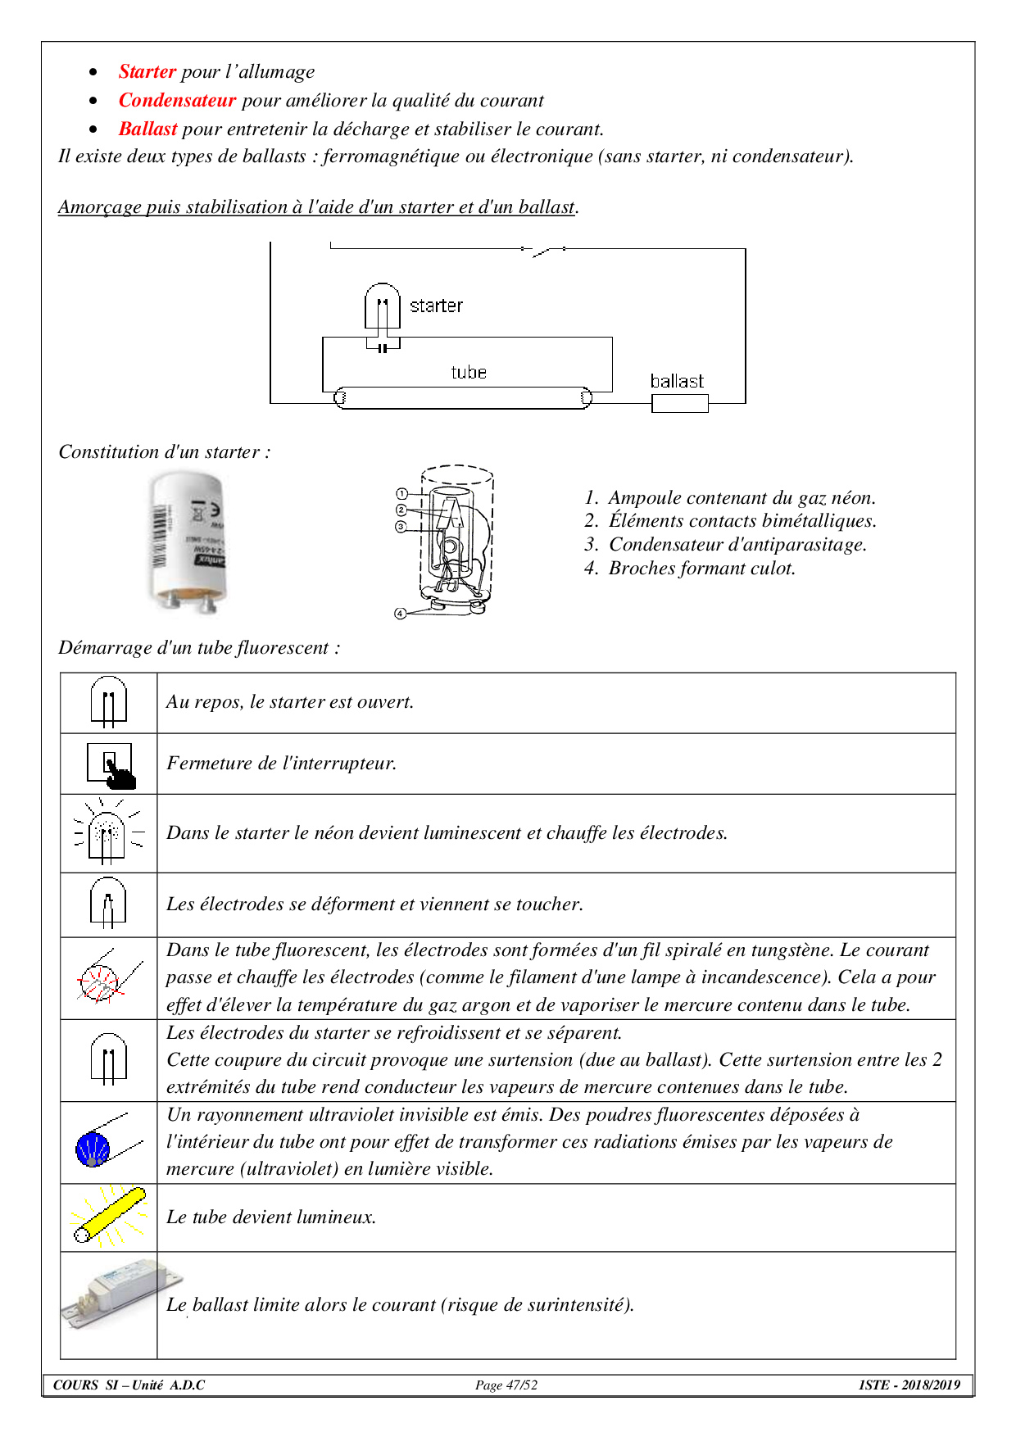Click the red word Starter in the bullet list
pos(147,72)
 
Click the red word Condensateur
pos(177,101)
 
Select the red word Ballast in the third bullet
pos(147,129)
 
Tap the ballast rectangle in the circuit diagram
pos(679,403)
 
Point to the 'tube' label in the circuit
pos(469,373)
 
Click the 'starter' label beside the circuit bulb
pos(436,306)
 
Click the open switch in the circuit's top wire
pos(544,250)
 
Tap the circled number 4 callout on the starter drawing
pos(400,614)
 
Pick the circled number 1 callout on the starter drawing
pos(401,494)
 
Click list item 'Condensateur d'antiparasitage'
pos(737,545)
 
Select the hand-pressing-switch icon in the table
pos(110,765)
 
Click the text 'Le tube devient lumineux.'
pos(271,1217)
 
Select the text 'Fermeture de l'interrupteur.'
pos(282,764)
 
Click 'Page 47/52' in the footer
pos(506,1385)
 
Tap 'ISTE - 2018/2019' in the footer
pos(909,1385)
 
